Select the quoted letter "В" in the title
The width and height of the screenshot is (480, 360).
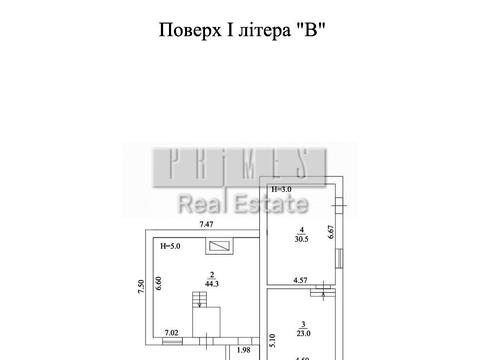312,29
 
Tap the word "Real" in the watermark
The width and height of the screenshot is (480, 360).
199,206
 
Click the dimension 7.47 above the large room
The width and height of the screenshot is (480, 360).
207,223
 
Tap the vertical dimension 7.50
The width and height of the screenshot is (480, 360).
141,288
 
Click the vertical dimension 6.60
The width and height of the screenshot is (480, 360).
157,283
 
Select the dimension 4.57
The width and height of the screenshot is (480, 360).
299,281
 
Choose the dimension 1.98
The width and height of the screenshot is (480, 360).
243,350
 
